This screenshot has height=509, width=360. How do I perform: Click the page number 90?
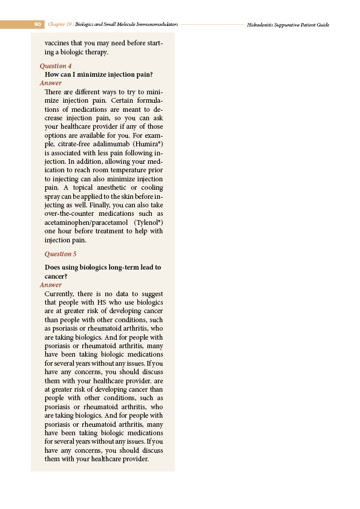[x=37, y=25]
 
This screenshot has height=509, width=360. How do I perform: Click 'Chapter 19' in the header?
[x=61, y=25]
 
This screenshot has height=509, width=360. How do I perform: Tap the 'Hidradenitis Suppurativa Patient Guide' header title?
[x=288, y=25]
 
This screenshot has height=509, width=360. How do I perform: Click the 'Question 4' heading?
[x=56, y=65]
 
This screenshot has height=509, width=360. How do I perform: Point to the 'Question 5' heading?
[x=61, y=254]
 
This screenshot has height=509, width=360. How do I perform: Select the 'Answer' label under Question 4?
[x=50, y=83]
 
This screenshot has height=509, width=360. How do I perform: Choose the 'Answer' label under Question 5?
[x=50, y=285]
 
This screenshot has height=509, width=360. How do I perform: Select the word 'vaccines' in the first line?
[x=58, y=44]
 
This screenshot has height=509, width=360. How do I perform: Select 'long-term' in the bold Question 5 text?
[x=121, y=267]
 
